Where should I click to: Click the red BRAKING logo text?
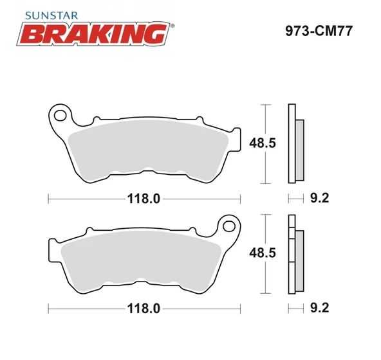coord(96,33)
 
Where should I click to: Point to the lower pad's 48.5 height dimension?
coord(263,253)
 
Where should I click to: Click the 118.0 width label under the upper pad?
coord(142,199)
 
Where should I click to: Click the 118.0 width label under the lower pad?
coord(142,309)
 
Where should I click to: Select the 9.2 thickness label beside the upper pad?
coord(320,199)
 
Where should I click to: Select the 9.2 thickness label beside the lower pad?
coord(320,309)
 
